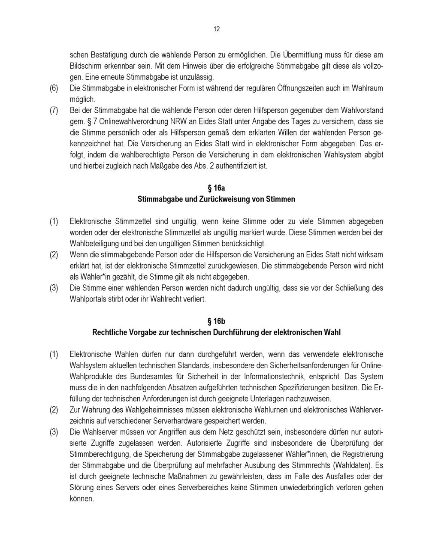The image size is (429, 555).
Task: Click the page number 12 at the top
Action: click(216, 29)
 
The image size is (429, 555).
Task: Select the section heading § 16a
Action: click(216, 188)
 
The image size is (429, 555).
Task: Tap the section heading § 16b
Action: click(216, 321)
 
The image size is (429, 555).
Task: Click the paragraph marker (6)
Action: click(54, 88)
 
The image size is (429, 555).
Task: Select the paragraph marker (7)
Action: click(54, 110)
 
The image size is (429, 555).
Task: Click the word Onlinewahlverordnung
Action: click(127, 121)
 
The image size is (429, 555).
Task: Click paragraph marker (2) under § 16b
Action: click(54, 410)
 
